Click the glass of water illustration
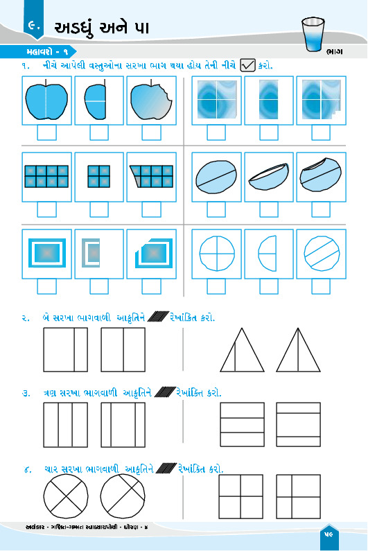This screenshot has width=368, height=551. [x=313, y=35]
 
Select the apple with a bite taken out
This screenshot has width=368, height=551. [x=151, y=101]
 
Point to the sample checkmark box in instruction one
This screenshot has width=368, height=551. [x=247, y=65]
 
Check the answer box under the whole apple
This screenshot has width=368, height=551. [x=46, y=132]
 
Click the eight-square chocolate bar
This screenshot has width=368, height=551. [x=46, y=177]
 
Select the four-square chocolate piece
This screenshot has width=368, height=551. [x=99, y=177]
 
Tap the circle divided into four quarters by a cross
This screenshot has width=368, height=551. [x=217, y=253]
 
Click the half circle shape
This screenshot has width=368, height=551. [x=267, y=253]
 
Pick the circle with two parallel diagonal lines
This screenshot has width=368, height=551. [x=322, y=253]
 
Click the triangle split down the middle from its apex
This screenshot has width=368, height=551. [x=298, y=350]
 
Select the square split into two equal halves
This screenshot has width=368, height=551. [x=123, y=349]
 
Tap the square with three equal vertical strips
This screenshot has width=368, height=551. [x=66, y=425]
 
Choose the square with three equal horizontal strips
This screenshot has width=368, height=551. [x=242, y=424]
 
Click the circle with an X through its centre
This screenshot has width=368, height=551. [x=66, y=497]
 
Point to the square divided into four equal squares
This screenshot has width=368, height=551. [x=240, y=496]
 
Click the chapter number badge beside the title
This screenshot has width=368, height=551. [x=34, y=24]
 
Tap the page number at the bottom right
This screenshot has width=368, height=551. [x=329, y=534]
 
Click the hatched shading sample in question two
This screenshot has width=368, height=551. [x=159, y=317]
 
